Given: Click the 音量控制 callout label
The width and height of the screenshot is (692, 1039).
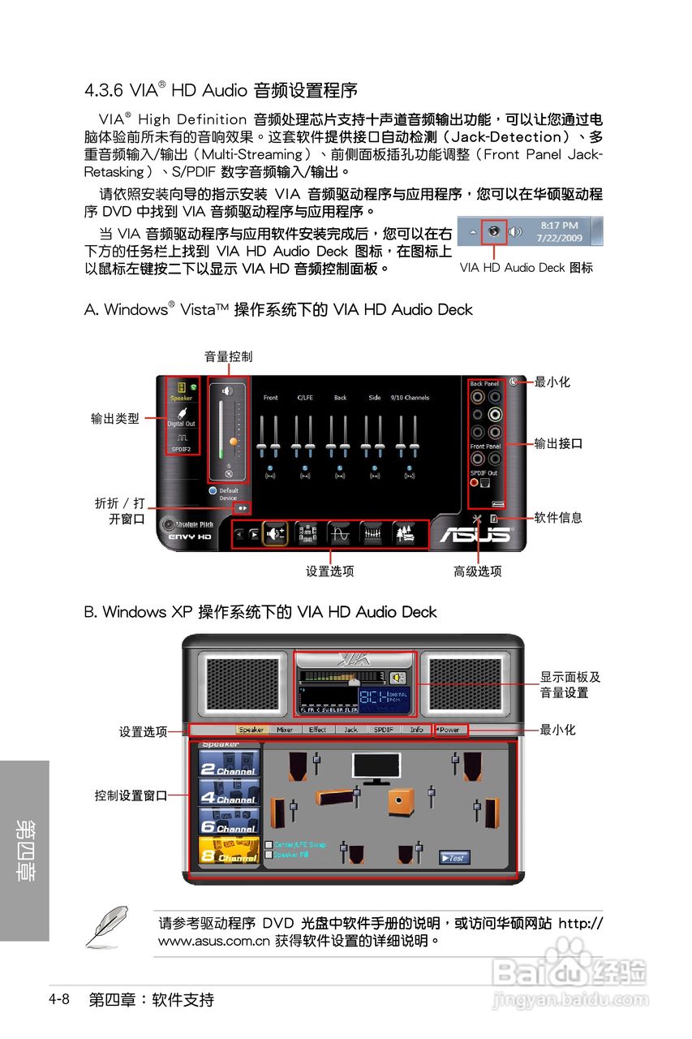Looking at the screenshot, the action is tap(228, 356).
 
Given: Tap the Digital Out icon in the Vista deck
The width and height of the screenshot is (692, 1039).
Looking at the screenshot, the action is tap(181, 416).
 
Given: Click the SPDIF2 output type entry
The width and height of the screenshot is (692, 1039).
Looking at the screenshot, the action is tap(181, 442).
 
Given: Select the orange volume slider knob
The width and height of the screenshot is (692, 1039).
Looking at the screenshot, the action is tap(234, 442).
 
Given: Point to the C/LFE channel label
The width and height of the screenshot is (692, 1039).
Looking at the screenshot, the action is tap(305, 398).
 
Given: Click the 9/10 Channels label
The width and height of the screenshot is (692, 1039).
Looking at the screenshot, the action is tap(410, 398).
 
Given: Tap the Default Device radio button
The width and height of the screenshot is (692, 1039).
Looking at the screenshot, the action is tap(213, 491).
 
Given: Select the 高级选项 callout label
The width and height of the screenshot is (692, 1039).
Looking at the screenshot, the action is tap(478, 571).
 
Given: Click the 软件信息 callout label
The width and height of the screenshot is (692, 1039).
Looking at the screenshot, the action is tap(558, 518).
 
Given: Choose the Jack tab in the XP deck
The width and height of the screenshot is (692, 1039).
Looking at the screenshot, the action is tap(350, 730).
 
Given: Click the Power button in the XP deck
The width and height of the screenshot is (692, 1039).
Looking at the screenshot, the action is tap(449, 730).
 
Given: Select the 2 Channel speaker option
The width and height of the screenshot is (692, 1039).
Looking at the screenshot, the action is tap(229, 764).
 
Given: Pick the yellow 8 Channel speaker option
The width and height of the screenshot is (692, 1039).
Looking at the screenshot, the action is tap(229, 851).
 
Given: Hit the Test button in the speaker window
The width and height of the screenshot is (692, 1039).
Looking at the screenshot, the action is tap(454, 857).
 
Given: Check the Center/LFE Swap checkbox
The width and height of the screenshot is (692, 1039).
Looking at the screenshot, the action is tap(269, 845).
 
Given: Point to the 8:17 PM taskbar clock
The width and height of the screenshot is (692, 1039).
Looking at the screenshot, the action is tap(559, 226).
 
